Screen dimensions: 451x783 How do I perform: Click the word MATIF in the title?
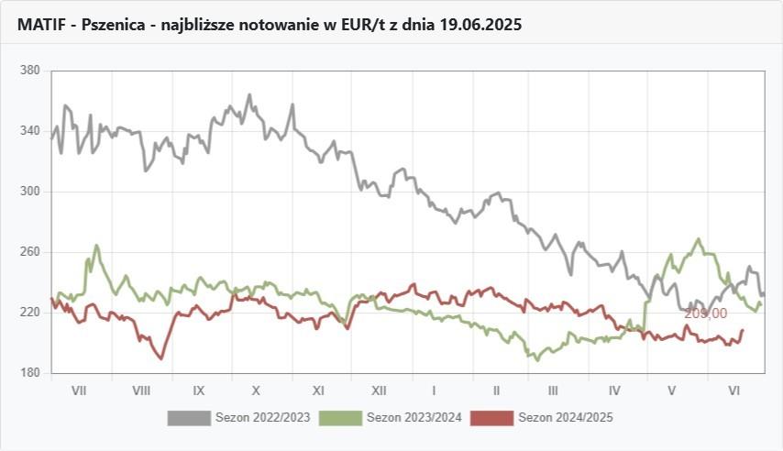40,25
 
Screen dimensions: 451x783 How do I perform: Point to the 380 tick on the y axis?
30,71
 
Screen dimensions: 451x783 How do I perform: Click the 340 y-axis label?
30,131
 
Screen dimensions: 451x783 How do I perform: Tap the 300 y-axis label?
30,192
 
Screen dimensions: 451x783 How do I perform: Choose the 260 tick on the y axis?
30,252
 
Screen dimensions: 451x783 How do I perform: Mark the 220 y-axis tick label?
30,313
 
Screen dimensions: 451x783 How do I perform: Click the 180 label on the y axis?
30,373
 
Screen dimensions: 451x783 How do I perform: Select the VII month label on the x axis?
79,390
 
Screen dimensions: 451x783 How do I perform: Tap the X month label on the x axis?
258,390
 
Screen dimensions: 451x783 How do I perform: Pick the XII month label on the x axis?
377,390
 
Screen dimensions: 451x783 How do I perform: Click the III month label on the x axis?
553,390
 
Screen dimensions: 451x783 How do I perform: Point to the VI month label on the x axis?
733,390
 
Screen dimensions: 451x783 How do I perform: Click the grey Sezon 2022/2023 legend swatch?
189,418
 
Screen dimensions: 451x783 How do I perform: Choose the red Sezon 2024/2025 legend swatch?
491,418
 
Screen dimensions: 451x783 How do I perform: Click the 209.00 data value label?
705,313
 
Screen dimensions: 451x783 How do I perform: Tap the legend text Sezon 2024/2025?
566,418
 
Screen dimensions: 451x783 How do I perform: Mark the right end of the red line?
743,330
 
